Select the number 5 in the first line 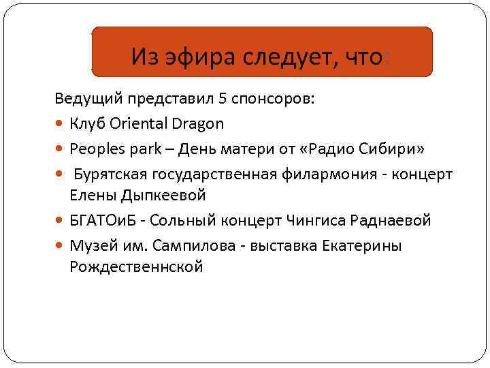223,98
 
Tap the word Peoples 95,149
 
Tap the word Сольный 178,221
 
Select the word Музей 88,245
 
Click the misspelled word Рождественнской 136,267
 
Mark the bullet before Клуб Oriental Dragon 61,124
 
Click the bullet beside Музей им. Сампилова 61,246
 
